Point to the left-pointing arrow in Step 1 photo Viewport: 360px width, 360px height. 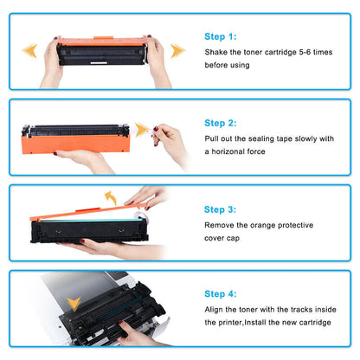click(x=29, y=50)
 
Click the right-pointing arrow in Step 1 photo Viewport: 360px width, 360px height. click(x=177, y=50)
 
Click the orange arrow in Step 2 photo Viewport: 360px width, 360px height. click(x=141, y=130)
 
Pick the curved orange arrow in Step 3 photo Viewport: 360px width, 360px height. click(x=110, y=199)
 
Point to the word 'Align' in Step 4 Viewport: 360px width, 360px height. click(x=216, y=307)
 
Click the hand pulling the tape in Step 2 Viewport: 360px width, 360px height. click(x=170, y=140)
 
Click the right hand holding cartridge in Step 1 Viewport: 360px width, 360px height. click(x=157, y=62)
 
